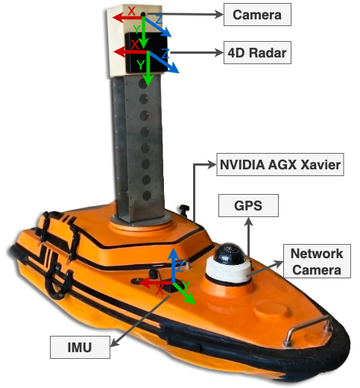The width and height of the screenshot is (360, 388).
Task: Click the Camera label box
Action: click(257, 14)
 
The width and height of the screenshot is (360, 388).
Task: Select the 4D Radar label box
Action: click(257, 52)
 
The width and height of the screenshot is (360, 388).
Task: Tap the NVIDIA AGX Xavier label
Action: click(280, 165)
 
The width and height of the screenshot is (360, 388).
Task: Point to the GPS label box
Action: click(248, 205)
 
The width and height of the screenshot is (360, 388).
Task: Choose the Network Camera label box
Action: click(317, 261)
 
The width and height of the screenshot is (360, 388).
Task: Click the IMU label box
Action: click(80, 347)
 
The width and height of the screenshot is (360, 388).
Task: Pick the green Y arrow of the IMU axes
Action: click(184, 293)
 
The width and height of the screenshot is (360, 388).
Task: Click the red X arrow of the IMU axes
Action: click(155, 283)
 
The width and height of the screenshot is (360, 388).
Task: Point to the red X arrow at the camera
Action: click(127, 17)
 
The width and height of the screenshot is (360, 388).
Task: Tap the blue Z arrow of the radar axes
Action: click(164, 62)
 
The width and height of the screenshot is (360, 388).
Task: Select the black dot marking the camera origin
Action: click(143, 14)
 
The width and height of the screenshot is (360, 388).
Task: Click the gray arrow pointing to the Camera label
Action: click(184, 14)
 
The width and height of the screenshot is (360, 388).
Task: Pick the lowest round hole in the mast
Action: click(147, 196)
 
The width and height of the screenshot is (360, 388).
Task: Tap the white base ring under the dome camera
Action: click(228, 272)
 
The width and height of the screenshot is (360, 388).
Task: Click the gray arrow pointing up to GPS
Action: click(248, 237)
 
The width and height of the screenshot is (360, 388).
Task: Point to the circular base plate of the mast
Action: click(142, 222)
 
